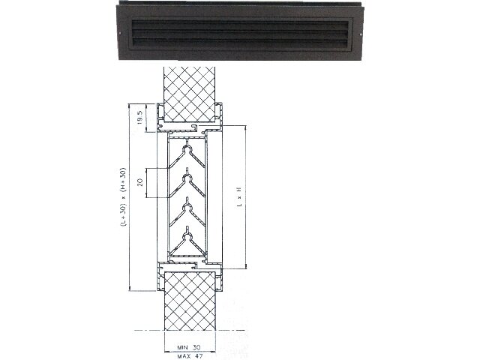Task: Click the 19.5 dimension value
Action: click(x=140, y=118)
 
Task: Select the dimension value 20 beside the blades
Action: click(x=140, y=182)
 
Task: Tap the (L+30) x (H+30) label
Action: click(x=123, y=196)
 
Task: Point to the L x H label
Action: click(x=240, y=196)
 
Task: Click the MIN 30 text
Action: click(x=189, y=347)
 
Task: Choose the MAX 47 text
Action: click(x=190, y=356)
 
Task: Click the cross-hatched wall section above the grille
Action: click(x=190, y=94)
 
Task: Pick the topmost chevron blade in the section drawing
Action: click(x=187, y=156)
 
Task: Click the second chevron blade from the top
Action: click(x=187, y=185)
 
